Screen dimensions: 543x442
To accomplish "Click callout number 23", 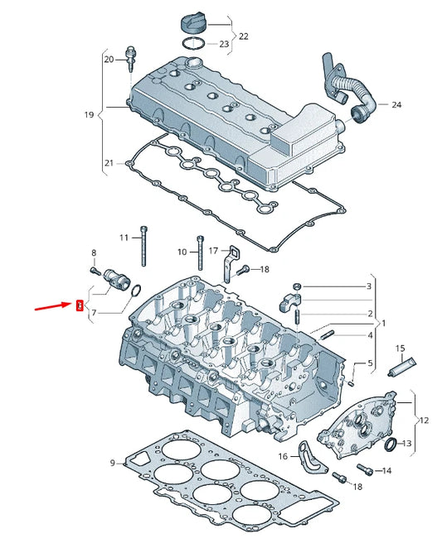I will [x=224, y=44].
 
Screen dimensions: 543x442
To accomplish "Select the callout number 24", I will [x=396, y=105].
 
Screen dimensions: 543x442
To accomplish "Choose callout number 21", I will [x=109, y=165].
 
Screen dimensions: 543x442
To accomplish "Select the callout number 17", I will [x=213, y=250].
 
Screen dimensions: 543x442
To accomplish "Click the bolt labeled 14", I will [x=361, y=469].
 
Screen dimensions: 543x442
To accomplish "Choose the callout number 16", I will [x=283, y=456].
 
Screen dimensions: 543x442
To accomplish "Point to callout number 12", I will [x=424, y=420].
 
